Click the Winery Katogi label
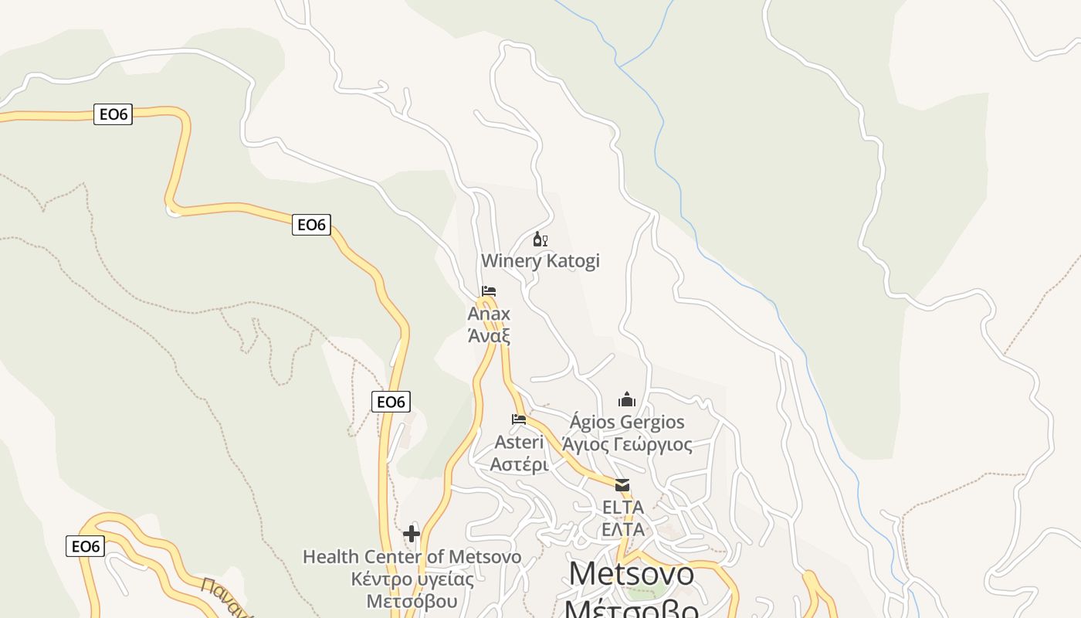coord(540,261)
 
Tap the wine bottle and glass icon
coord(540,239)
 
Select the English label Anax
coord(489,314)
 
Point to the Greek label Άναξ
coord(489,336)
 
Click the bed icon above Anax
coord(488,291)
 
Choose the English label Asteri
coord(519,443)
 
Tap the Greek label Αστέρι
coord(519,464)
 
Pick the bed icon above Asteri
coord(519,419)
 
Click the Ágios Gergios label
coord(626,422)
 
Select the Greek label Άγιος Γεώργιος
coord(626,444)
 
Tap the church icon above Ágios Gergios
coord(626,399)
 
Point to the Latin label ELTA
coord(622,508)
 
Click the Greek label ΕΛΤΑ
coord(622,529)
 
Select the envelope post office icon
coord(622,485)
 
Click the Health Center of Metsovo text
coord(412,557)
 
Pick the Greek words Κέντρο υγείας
coord(412,579)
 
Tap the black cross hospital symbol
coord(412,533)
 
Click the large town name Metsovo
coord(631,574)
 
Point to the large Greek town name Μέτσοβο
coord(631,609)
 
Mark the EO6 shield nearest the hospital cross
coord(391,402)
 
